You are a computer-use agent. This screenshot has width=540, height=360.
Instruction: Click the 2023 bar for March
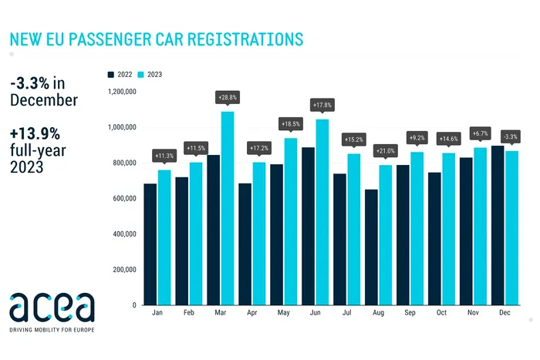[228, 208]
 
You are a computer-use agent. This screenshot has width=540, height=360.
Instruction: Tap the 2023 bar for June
[322, 212]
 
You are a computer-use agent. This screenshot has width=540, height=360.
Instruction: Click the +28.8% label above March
[227, 98]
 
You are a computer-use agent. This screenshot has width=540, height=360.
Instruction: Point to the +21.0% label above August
[385, 150]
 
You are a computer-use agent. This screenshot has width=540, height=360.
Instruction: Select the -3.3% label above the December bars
[511, 136]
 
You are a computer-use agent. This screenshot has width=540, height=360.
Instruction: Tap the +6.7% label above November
[480, 133]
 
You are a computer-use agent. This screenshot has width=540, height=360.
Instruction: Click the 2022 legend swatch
[111, 74]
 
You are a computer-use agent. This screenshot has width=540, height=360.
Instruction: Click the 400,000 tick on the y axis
[122, 234]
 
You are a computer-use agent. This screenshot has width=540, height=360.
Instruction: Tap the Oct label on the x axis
[440, 315]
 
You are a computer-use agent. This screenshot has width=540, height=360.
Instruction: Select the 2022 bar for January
[150, 244]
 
